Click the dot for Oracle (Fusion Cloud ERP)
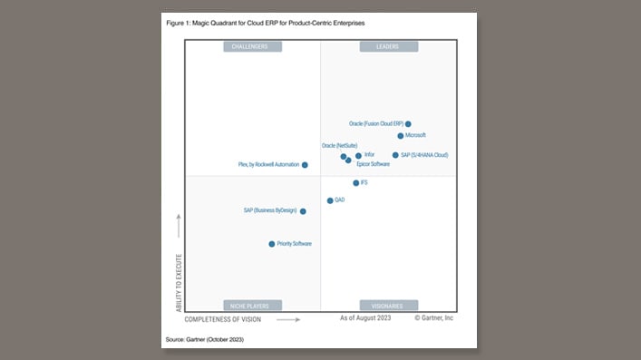click(408, 123)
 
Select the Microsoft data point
click(401, 135)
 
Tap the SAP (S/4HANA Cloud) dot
click(395, 155)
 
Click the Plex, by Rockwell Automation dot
click(305, 165)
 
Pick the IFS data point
click(356, 182)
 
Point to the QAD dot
click(330, 200)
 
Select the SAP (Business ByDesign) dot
click(303, 211)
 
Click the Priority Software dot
click(272, 244)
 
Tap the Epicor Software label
click(373, 164)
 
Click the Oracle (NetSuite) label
click(339, 145)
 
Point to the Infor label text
click(369, 155)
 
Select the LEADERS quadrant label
click(388, 46)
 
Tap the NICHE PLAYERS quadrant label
click(252, 306)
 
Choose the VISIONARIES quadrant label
click(388, 306)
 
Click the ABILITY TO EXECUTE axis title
click(179, 283)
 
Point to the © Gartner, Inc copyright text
click(433, 319)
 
